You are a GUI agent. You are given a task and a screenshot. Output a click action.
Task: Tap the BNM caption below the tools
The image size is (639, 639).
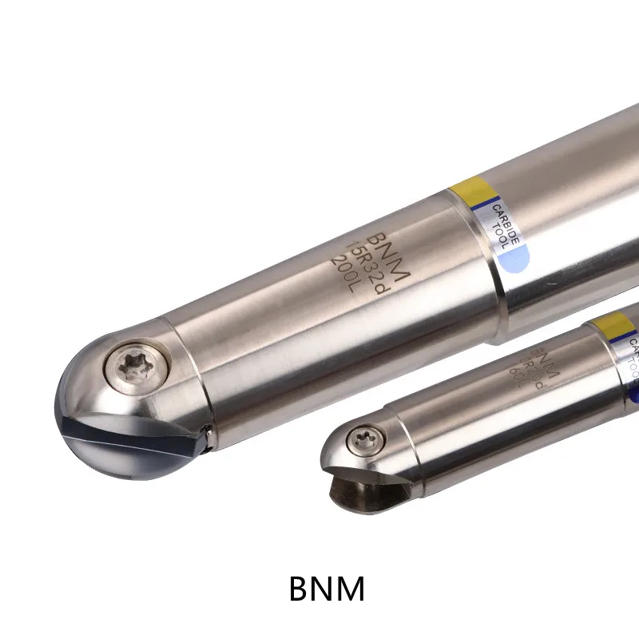point(327,589)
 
